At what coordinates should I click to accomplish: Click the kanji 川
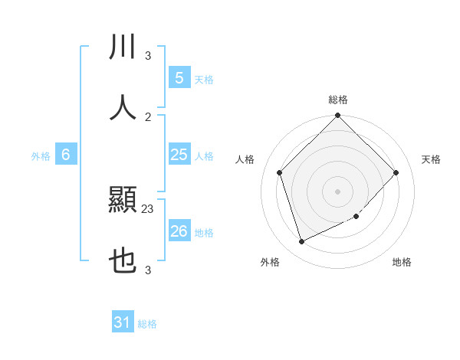pos(123,46)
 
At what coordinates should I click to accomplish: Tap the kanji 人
pos(123,107)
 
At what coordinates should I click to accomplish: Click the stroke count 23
pos(148,208)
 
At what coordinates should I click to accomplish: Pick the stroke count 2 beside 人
pos(148,116)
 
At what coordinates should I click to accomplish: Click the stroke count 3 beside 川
pos(148,55)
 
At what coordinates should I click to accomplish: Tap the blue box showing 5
pos(179,78)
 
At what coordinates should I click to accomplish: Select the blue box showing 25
pos(179,155)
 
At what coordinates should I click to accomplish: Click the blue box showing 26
pos(179,231)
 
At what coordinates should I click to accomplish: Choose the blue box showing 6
pos(66,155)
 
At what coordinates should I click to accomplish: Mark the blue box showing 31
pos(123,322)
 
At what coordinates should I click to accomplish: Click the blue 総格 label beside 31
pos(147,324)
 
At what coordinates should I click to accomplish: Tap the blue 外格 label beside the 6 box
pos(41,156)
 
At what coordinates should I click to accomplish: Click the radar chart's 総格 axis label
pos(338,100)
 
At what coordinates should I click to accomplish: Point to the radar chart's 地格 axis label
pos(402,262)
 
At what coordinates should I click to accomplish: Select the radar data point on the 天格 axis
pos(396,172)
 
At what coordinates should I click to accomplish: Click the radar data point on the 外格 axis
pos(302,242)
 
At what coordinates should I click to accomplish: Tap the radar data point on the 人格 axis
pos(280,172)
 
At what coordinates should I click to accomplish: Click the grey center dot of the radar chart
pos(338,191)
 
